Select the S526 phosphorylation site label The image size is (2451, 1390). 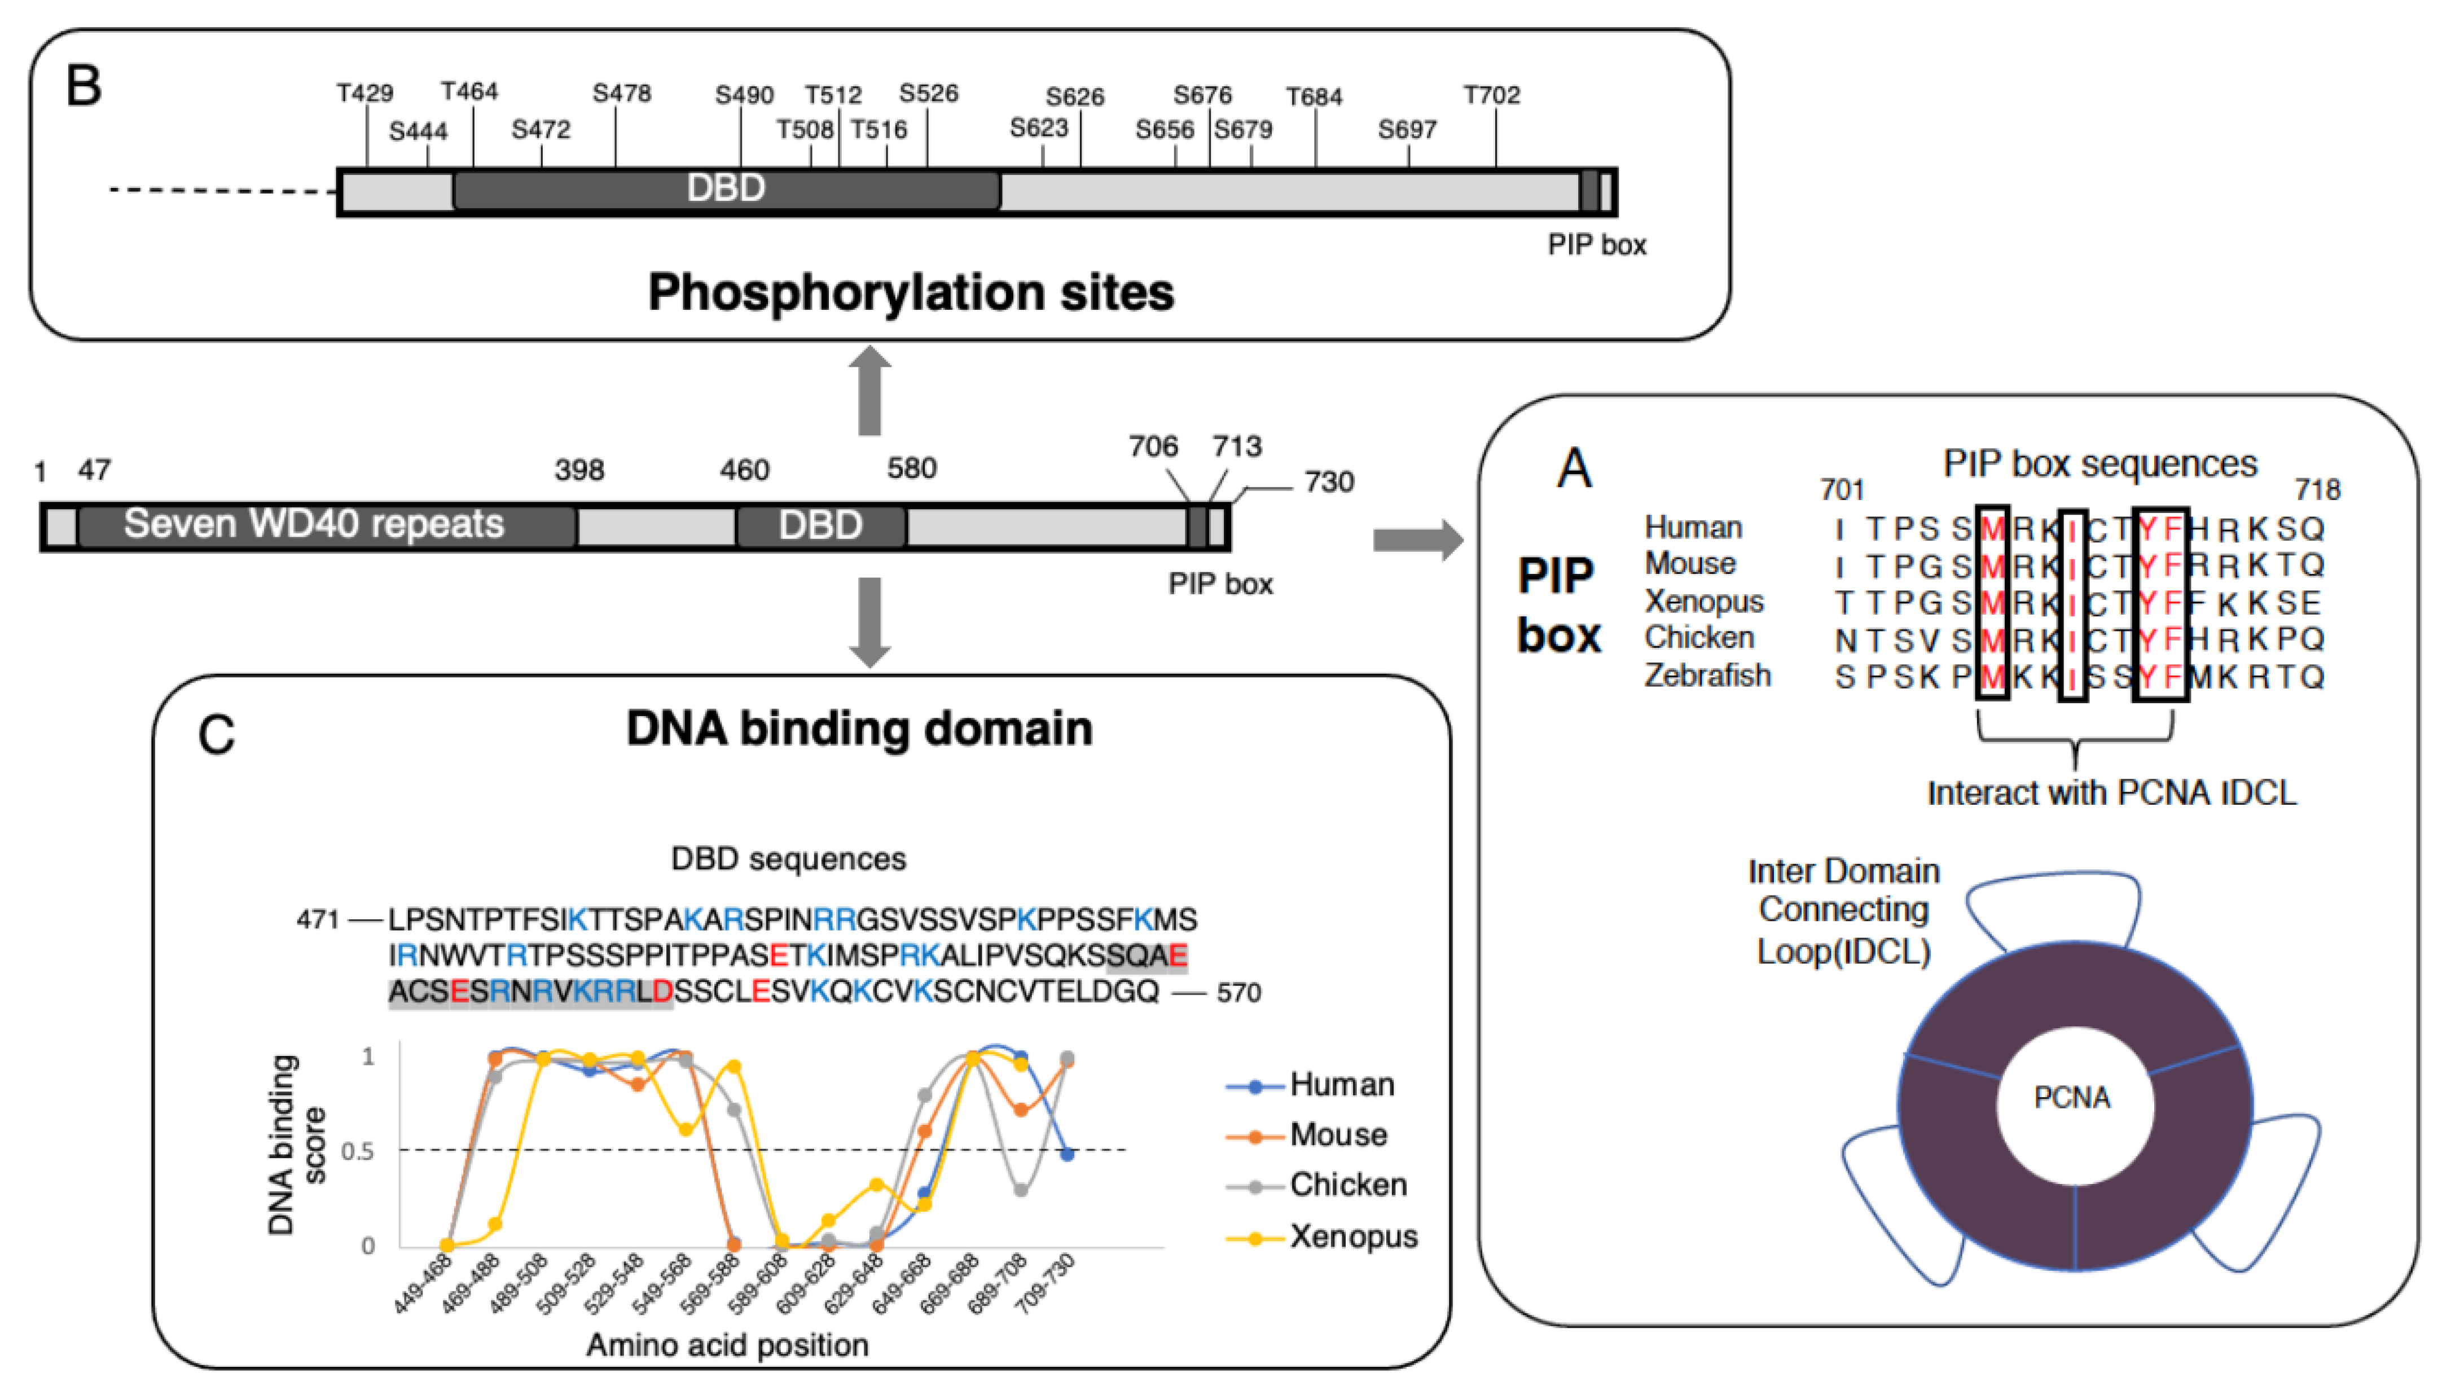tap(928, 93)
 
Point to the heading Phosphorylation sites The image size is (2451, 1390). tap(911, 292)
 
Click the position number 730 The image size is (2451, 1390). tap(1329, 482)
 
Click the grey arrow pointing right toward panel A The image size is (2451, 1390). tap(1417, 540)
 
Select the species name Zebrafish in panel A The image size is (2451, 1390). tap(1707, 675)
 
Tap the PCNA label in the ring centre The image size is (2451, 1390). tap(2071, 1098)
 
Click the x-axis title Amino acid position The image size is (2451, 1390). tap(727, 1345)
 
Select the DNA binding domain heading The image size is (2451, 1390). tap(859, 729)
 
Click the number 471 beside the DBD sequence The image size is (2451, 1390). tap(317, 919)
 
